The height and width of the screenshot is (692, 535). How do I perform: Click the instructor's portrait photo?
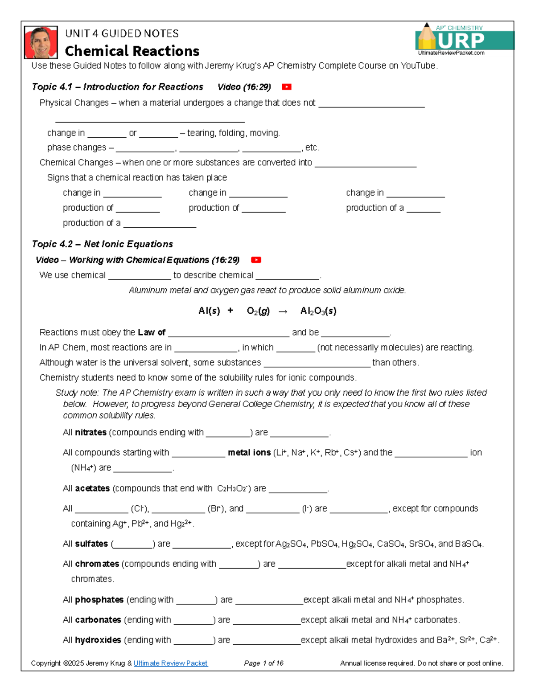41,43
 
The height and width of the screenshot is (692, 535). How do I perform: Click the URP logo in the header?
464,40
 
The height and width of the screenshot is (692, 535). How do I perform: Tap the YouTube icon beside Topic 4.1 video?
287,87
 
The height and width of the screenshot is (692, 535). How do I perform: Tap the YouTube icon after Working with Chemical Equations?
256,260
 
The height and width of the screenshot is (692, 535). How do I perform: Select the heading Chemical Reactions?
132,51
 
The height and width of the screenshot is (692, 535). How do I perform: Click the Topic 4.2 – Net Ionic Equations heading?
102,244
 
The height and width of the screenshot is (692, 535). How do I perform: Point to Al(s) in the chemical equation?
209,311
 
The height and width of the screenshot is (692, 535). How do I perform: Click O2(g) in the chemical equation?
258,311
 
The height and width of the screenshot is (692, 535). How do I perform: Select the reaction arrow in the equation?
283,311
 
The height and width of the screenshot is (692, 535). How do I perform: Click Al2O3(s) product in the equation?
318,311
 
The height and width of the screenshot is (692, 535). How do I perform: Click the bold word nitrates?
91,432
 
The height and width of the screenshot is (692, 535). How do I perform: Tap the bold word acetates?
92,488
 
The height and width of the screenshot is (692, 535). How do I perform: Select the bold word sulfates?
91,544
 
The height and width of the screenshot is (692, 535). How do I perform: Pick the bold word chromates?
97,564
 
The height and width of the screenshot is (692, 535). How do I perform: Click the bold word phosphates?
99,600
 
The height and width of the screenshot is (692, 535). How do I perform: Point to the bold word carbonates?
98,620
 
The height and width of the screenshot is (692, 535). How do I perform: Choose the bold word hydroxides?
98,640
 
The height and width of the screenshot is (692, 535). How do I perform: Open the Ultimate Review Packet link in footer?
170,663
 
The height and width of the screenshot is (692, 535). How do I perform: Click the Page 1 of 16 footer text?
263,663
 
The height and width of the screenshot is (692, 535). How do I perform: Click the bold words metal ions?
249,452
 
